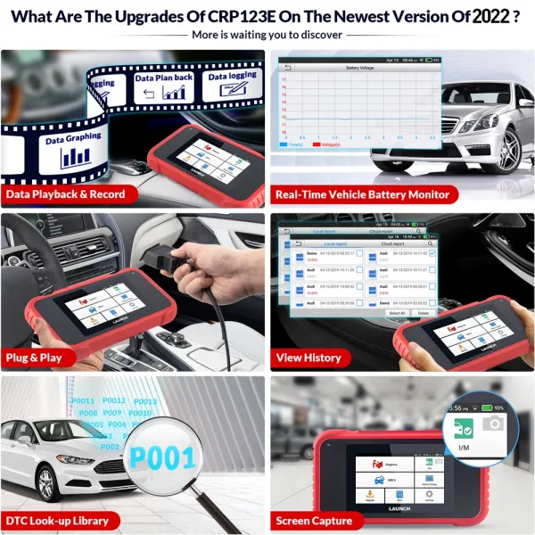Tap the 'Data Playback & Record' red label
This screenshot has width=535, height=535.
pos(65,193)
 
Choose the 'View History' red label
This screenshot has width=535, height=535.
pos(309,358)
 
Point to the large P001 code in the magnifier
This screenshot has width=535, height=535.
pos(162,458)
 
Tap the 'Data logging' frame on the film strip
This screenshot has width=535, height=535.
pos(231,78)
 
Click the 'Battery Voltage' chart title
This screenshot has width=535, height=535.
pos(359,68)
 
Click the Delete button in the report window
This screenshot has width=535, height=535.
pos(423,313)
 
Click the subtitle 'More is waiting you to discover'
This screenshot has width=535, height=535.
pos(267,35)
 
